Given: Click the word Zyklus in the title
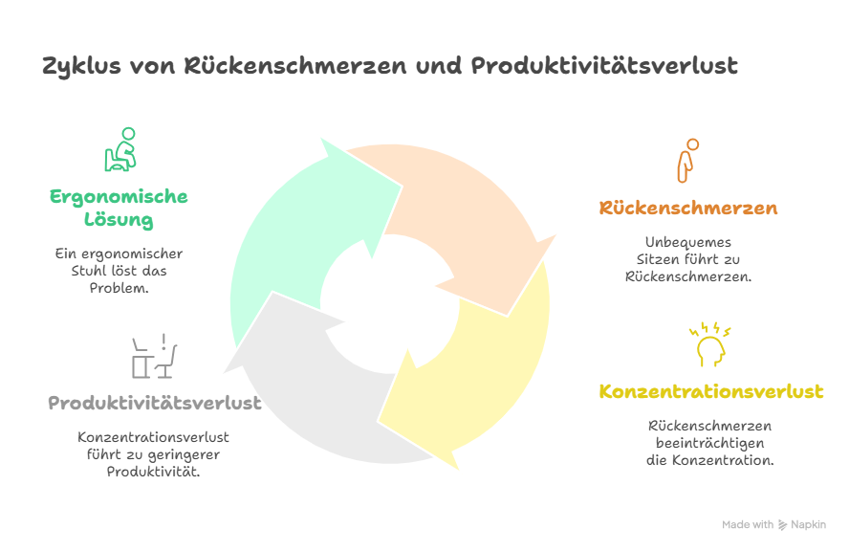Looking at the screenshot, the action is point(82,67).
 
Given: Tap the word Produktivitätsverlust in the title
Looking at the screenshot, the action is point(604,66).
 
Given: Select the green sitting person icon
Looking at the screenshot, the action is point(120,149).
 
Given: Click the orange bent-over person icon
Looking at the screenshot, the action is point(687,161).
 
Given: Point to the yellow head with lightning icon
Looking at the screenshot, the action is point(709,344).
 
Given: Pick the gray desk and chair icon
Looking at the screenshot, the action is point(154,356).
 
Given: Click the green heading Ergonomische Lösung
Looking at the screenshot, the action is point(119,208).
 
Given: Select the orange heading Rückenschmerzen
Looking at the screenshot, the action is point(688,208).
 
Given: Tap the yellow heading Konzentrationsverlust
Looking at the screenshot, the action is point(711,391).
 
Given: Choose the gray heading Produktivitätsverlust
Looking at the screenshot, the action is point(155,403).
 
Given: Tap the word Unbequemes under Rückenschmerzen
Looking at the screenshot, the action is point(688,242).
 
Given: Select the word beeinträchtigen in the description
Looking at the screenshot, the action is point(709,443).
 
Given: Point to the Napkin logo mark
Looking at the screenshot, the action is point(782,524).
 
